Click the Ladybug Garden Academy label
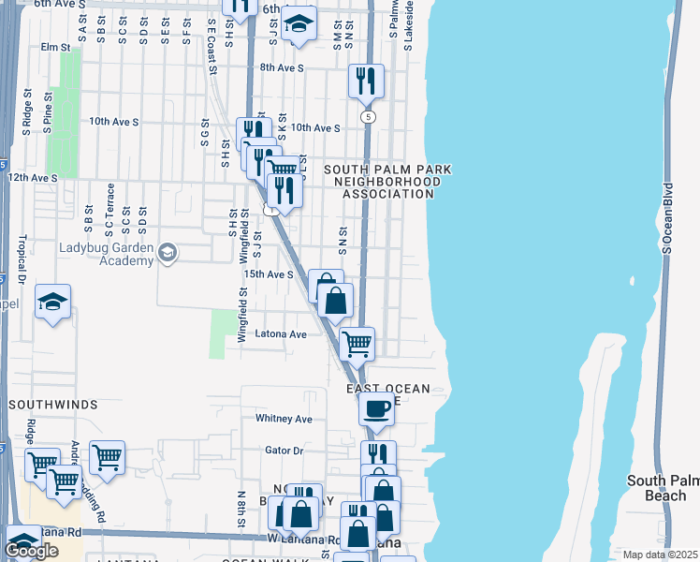click(106, 254)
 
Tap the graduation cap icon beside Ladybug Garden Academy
click(167, 252)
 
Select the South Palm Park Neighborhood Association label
click(387, 182)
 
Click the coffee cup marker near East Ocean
click(377, 408)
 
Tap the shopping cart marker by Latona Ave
click(357, 343)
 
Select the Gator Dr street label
click(285, 451)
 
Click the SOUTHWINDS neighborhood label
click(53, 405)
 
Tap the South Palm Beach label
click(664, 487)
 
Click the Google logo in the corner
click(31, 551)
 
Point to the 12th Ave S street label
click(33, 176)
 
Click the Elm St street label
click(55, 47)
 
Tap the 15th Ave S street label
click(269, 274)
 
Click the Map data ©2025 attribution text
click(661, 555)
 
